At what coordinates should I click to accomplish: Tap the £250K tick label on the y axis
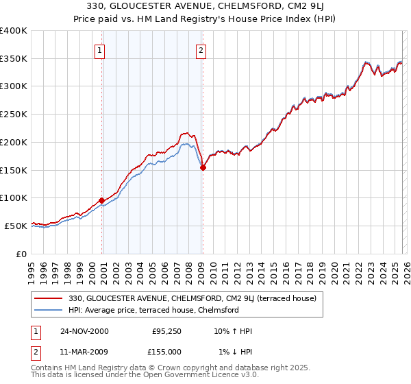tap(14, 114)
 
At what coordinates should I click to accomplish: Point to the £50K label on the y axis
tap(16, 226)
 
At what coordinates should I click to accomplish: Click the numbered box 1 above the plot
tap(100, 50)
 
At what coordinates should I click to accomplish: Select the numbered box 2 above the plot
tap(201, 50)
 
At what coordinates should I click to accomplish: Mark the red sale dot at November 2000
tap(102, 200)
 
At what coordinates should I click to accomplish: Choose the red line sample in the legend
tap(49, 298)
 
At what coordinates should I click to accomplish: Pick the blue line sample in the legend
tap(49, 310)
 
